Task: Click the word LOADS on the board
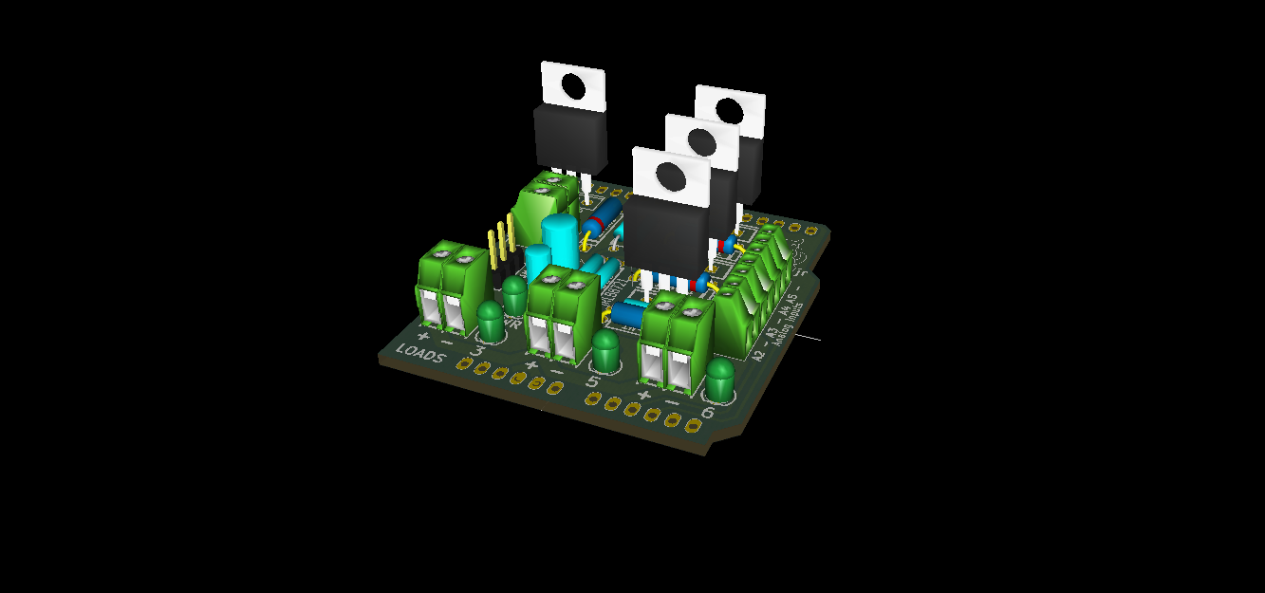420,352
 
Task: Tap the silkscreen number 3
478,353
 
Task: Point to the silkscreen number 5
593,382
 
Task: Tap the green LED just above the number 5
605,349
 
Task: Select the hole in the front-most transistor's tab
671,176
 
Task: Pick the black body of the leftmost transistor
570,138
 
